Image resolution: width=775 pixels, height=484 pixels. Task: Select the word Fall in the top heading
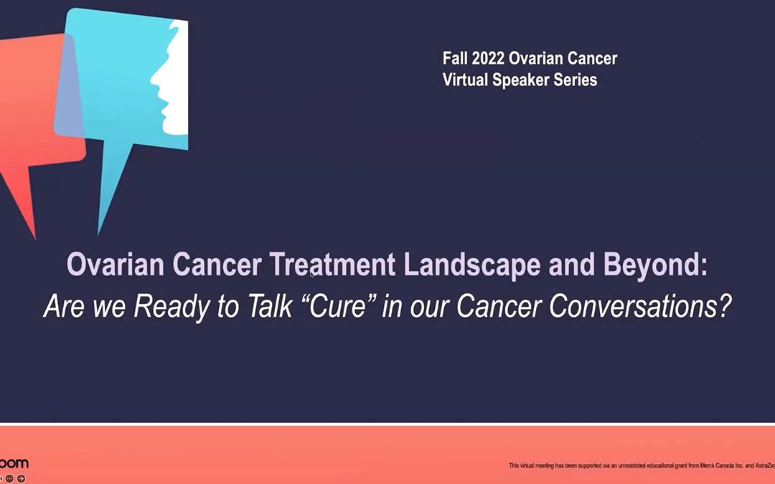click(456, 58)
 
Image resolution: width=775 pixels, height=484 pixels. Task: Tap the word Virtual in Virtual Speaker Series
click(465, 80)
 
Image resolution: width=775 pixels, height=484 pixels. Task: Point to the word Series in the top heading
click(574, 80)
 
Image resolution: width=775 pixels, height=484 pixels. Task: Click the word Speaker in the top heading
click(520, 80)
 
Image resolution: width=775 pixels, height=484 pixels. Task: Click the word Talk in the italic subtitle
click(255, 306)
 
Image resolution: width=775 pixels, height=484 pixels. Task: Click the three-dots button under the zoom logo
click(10, 478)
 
